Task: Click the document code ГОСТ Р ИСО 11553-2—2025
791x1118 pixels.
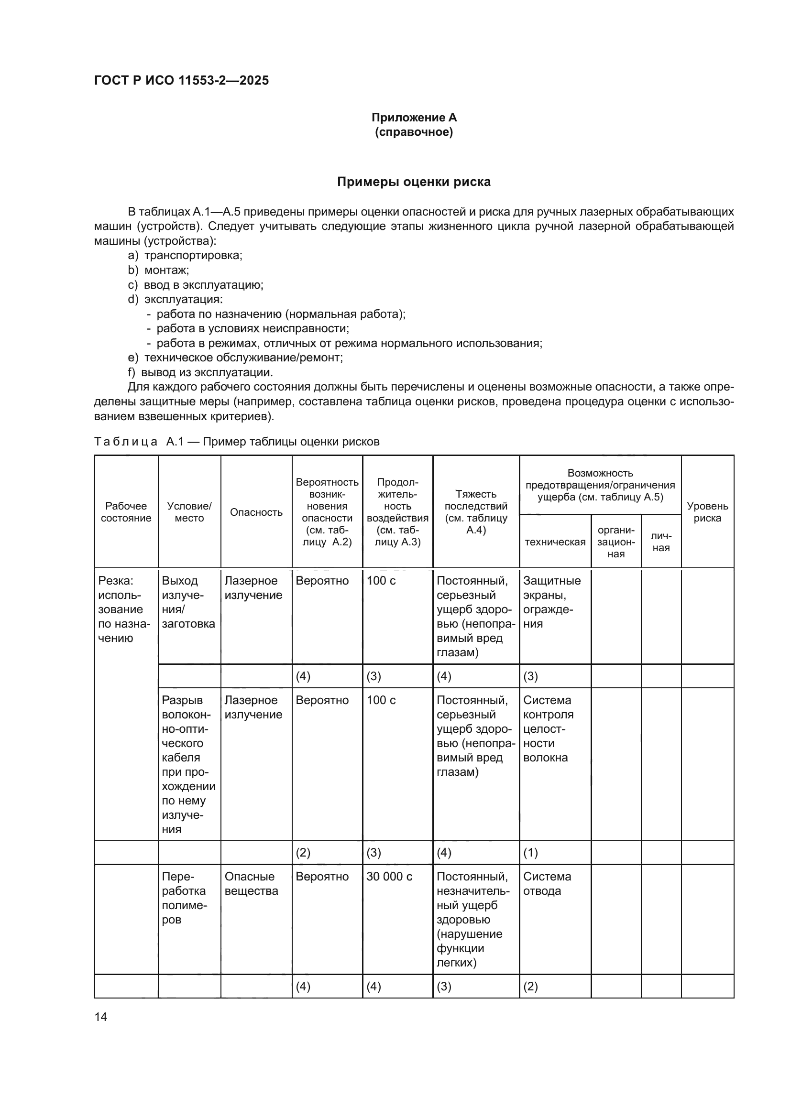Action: pos(181,80)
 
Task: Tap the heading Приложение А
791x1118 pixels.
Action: pos(414,118)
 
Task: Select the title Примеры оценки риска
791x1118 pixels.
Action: pos(414,182)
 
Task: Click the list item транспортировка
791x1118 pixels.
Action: pos(193,255)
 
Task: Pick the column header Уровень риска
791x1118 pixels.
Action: pos(707,512)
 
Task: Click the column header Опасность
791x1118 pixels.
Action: pos(256,512)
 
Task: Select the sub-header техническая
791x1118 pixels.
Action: pos(555,542)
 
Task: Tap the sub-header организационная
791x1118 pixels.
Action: pos(615,542)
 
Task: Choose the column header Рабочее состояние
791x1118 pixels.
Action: pos(126,512)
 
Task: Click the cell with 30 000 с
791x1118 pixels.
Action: pos(389,877)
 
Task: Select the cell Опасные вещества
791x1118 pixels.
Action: pos(252,884)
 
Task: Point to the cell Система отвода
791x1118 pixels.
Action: pos(547,884)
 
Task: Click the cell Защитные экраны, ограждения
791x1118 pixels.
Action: pos(552,602)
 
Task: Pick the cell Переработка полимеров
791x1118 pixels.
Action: pos(184,898)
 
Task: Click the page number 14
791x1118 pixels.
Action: pos(101,1017)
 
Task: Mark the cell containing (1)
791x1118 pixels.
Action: pos(530,853)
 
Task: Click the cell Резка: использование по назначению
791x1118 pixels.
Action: pos(124,609)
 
